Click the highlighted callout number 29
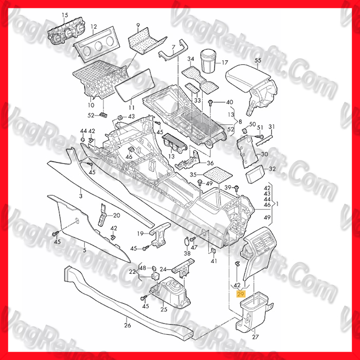point(240,294)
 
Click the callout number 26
point(127,325)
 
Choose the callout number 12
point(93,26)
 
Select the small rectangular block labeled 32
point(256,176)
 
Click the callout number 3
point(80,196)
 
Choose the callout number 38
point(187,254)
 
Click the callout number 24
point(163,269)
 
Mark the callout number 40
point(229,102)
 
